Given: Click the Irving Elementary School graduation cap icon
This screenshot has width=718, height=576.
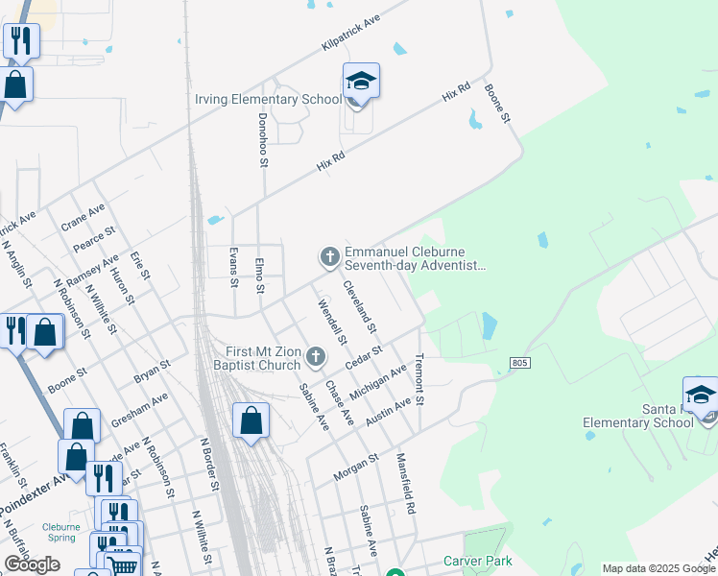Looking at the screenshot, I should pos(361,81).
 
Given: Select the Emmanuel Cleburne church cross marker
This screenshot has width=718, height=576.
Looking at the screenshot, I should pos(329,256).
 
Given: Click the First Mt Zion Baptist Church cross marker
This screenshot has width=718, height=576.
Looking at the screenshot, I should pos(316,359).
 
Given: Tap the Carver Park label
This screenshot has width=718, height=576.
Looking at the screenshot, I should pos(477,561).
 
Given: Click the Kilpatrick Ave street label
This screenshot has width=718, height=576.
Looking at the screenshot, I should pos(351,33).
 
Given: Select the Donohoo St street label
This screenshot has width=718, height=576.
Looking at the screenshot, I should pos(263,140).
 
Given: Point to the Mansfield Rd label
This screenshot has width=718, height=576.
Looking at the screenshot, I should pos(405,485).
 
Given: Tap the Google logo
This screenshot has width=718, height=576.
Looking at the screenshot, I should pos(32,564).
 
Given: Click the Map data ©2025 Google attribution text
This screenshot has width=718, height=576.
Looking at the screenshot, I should pos(658,568).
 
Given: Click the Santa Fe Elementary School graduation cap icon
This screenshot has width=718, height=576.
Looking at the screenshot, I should pos(701,395).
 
